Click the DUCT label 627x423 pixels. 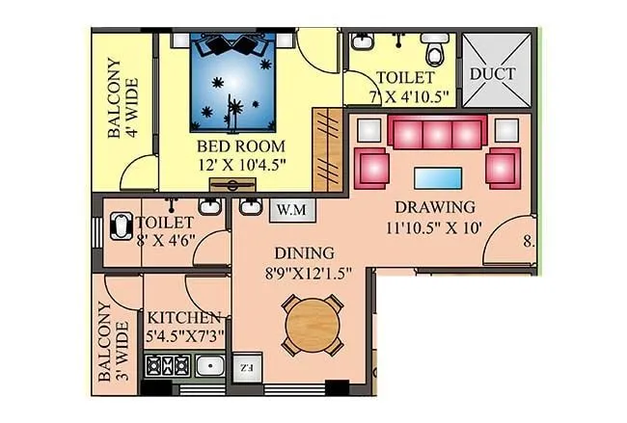pyautogui.click(x=493, y=74)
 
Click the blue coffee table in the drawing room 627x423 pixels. pyautogui.click(x=437, y=177)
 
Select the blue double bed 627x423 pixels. pyautogui.click(x=231, y=83)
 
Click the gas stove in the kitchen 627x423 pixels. pyautogui.click(x=166, y=366)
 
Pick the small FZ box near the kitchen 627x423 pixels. pyautogui.click(x=245, y=367)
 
